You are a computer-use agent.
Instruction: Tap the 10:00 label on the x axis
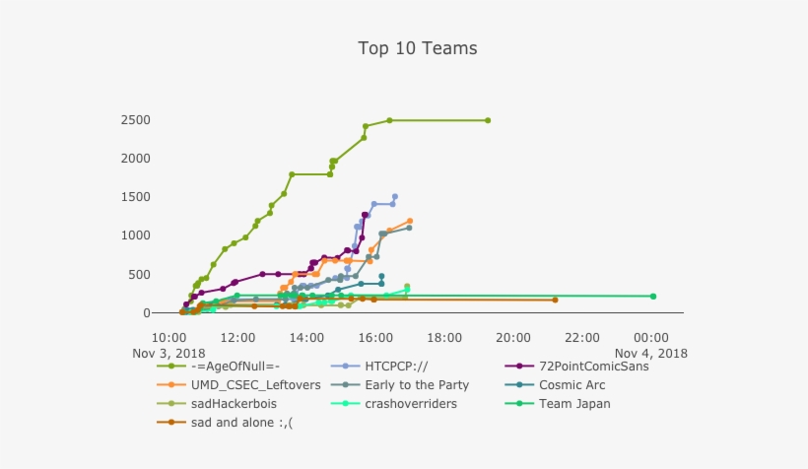169,337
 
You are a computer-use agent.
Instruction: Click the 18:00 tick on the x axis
444,337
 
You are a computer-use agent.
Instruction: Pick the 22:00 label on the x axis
582,337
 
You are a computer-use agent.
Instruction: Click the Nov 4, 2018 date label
651,353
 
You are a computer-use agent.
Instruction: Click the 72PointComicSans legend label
586,367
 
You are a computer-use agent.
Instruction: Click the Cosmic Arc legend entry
573,385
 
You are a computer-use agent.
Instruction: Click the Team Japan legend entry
574,404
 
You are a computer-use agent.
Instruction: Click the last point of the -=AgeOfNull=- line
488,120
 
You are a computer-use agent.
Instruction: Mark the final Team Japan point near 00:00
652,296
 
